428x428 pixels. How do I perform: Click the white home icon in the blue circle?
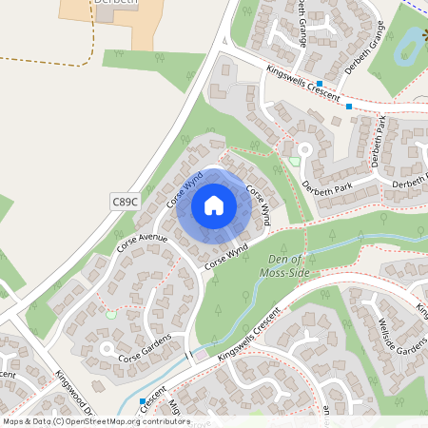(214, 204)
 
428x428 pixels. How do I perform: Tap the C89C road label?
(125, 201)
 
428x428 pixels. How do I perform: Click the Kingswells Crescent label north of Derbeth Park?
(302, 83)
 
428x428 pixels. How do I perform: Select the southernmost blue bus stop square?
(143, 401)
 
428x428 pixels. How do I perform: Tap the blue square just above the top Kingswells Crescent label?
(321, 84)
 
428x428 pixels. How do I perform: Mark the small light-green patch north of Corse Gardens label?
(110, 315)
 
